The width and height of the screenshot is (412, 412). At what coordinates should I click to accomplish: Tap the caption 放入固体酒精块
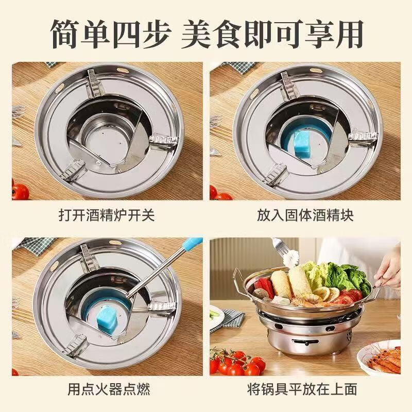click(305, 215)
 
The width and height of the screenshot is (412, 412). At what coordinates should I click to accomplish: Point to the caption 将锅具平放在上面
click(305, 389)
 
